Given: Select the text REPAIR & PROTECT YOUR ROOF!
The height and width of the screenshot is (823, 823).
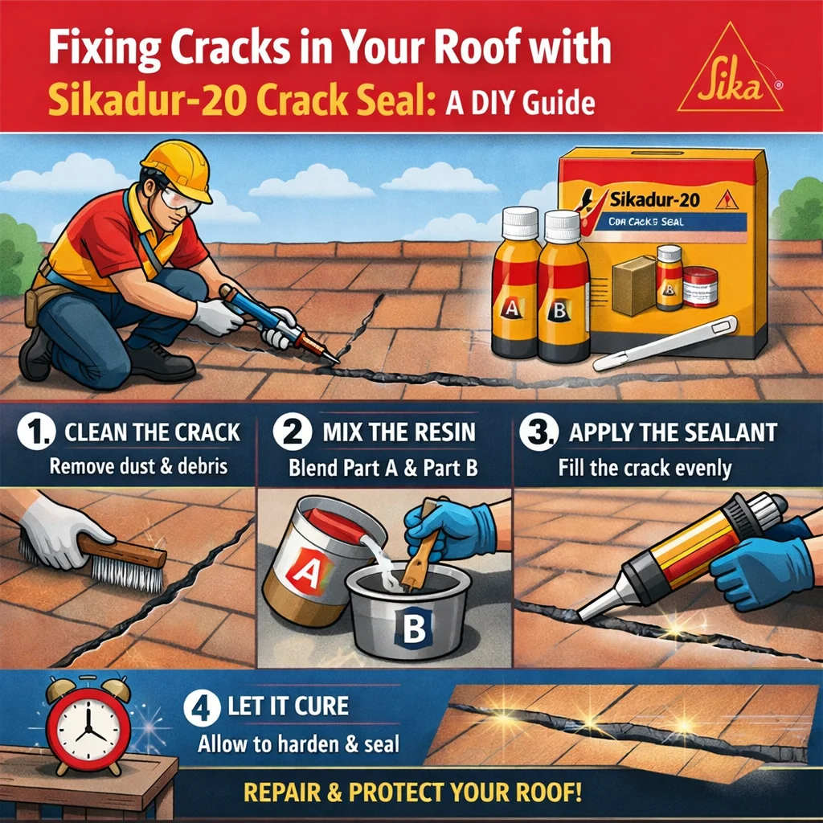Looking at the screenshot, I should tap(412, 792).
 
